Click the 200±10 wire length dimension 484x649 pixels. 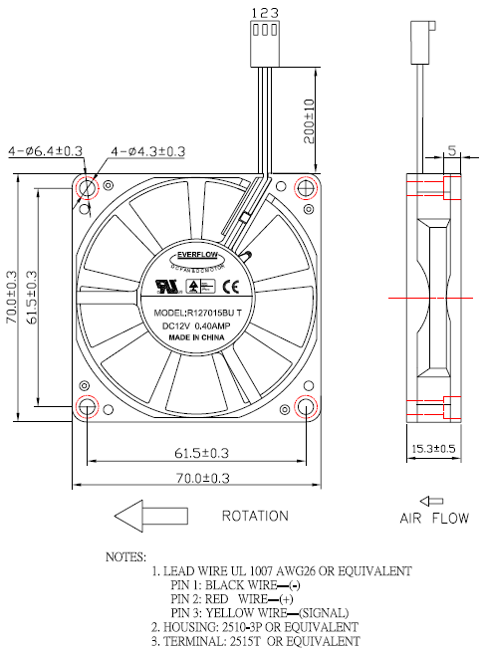310,118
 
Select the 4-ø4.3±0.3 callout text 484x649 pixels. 147,151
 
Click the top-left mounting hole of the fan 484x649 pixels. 88,187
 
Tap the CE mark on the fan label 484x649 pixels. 227,287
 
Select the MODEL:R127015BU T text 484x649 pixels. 196,312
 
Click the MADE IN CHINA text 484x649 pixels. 196,338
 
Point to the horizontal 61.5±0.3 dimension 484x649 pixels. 195,453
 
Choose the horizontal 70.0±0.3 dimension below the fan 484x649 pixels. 195,479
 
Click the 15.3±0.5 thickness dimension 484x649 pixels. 434,448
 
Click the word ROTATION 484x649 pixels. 256,517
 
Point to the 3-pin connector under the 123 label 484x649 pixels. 264,32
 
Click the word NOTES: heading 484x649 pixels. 124,555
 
